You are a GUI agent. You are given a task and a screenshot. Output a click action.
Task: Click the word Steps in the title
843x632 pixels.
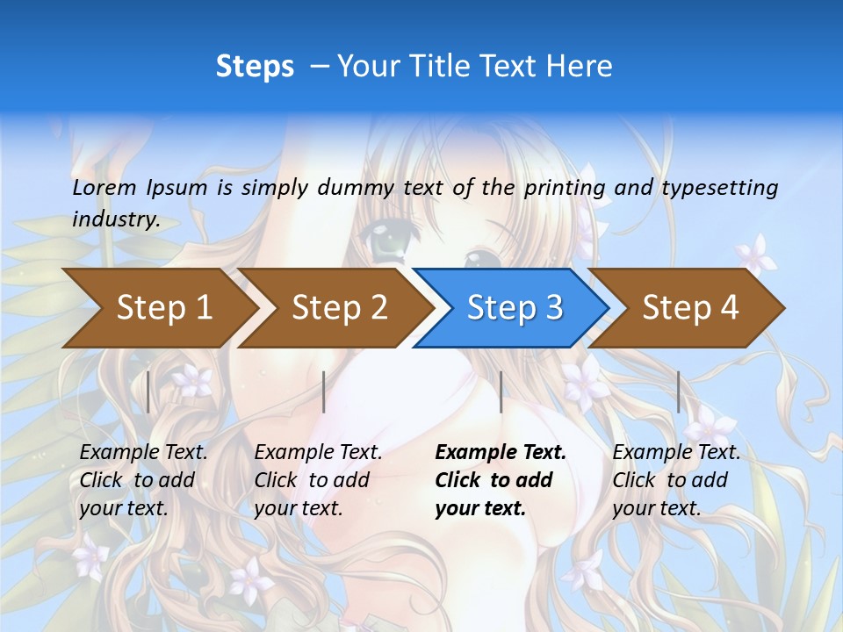(255, 67)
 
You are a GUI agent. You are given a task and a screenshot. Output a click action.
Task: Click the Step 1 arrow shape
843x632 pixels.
(164, 307)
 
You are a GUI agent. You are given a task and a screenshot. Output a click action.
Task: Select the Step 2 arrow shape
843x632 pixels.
(340, 307)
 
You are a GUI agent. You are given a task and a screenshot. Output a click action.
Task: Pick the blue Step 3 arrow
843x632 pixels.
(515, 307)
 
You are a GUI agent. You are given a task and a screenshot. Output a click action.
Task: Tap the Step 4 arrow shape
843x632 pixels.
(690, 307)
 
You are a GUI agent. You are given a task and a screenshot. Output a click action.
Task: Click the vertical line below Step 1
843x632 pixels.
(148, 391)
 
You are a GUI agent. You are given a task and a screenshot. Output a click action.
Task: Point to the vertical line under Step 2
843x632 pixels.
(324, 391)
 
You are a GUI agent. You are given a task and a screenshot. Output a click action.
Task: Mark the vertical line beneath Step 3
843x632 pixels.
(501, 391)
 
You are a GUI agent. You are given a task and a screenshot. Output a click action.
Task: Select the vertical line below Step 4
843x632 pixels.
(679, 391)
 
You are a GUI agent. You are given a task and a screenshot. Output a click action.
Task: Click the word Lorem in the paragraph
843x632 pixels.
(104, 187)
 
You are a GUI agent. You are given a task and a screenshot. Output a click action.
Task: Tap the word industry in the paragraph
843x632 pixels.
(115, 219)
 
